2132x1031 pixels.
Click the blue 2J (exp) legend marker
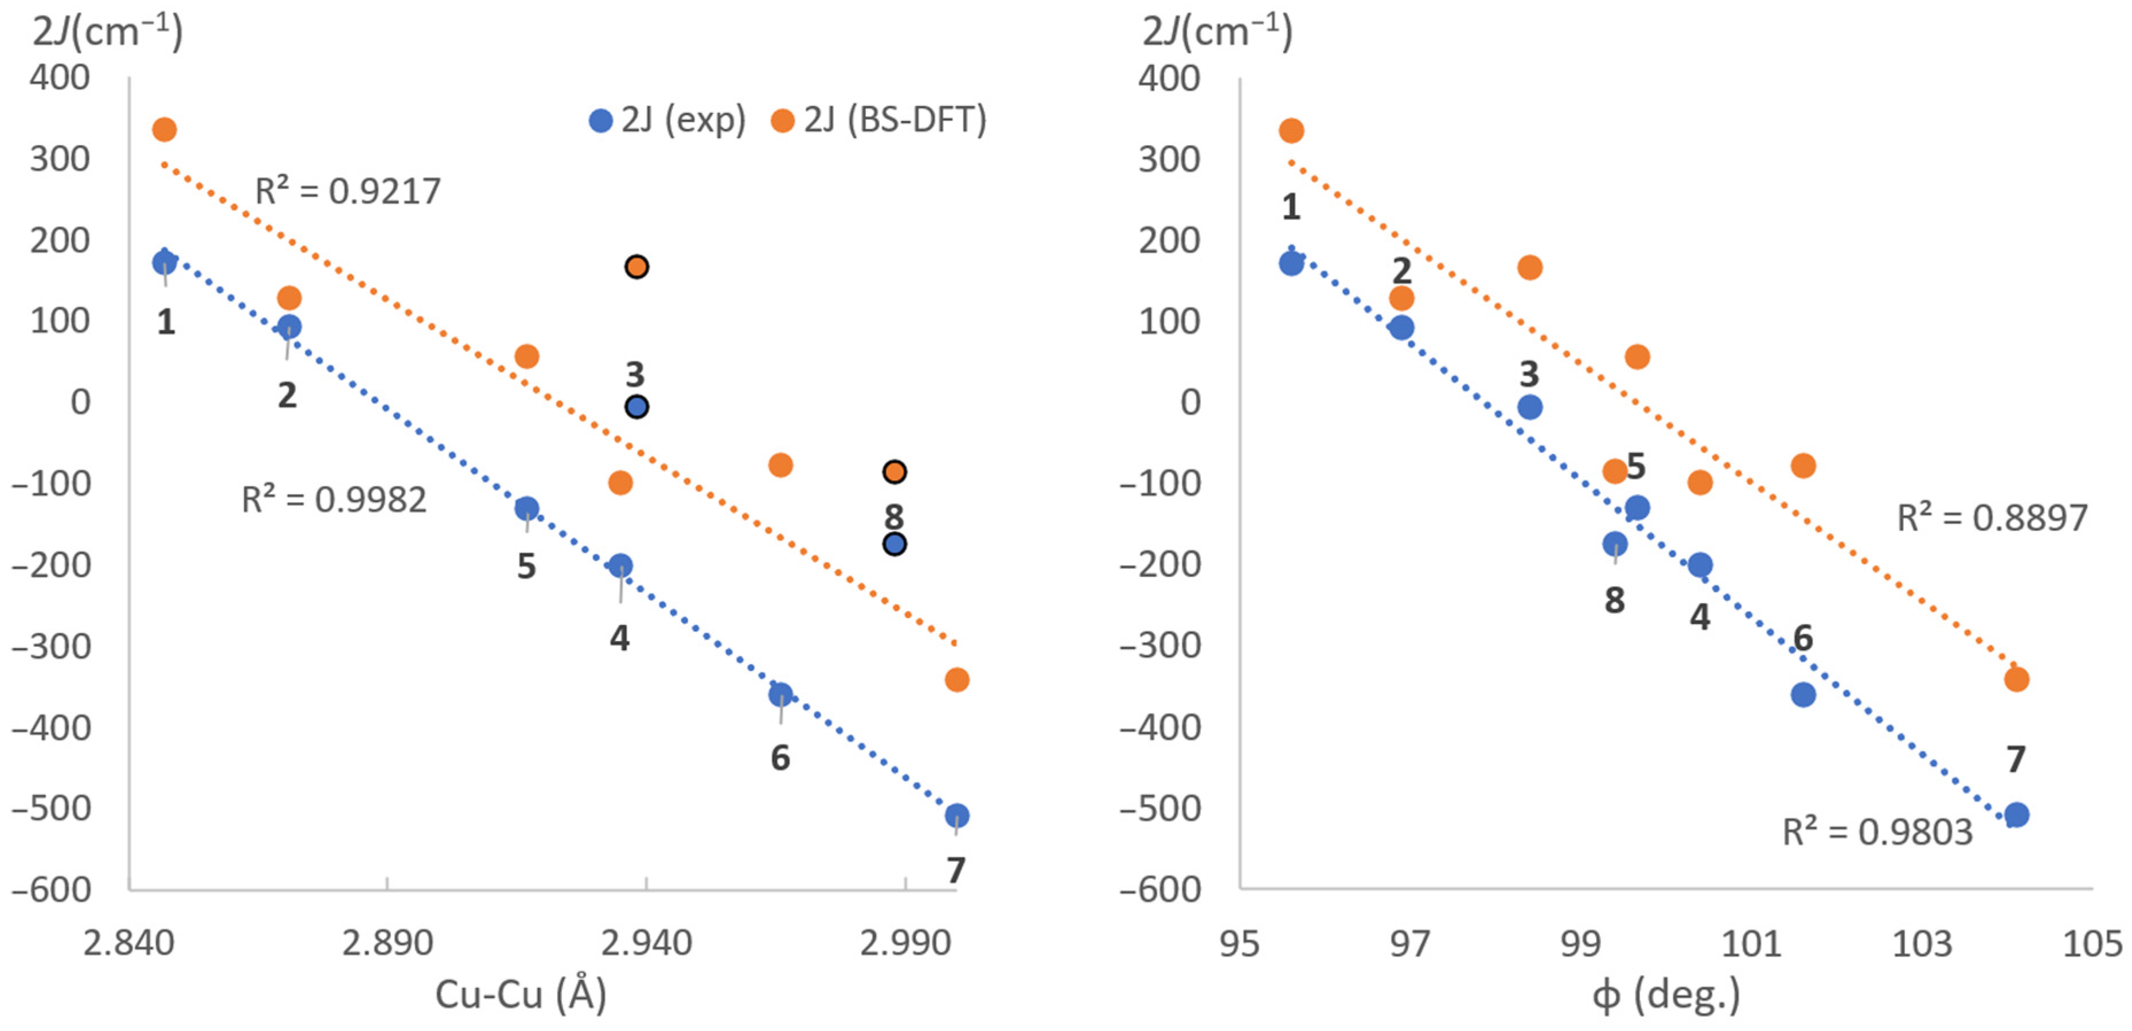pyautogui.click(x=600, y=121)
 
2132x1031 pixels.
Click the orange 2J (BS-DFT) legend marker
pyautogui.click(x=782, y=121)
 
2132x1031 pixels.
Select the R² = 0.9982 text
pyautogui.click(x=334, y=500)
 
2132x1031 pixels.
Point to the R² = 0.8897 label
pyautogui.click(x=1992, y=518)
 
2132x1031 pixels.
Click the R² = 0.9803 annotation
pyautogui.click(x=1877, y=831)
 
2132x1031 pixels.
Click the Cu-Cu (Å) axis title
pyautogui.click(x=521, y=994)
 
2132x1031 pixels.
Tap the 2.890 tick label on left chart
pyautogui.click(x=387, y=943)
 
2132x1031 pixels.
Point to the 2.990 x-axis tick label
pyautogui.click(x=905, y=943)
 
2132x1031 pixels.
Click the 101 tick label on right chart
pyautogui.click(x=1751, y=943)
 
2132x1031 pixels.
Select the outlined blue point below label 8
pyautogui.click(x=895, y=544)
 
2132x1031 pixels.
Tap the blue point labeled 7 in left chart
pyautogui.click(x=956, y=815)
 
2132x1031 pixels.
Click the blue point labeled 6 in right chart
pyautogui.click(x=1803, y=694)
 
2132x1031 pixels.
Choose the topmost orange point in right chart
pyautogui.click(x=1291, y=130)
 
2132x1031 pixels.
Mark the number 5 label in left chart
pyautogui.click(x=526, y=567)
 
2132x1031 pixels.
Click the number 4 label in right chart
pyautogui.click(x=1700, y=616)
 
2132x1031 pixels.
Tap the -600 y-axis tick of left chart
pyautogui.click(x=51, y=889)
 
